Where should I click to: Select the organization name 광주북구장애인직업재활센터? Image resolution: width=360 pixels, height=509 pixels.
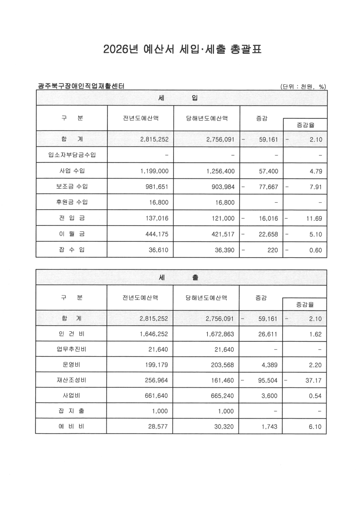point(81,86)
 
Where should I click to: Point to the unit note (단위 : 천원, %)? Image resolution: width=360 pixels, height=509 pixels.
point(303,87)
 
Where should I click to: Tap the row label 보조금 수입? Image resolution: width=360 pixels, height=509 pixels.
point(72,186)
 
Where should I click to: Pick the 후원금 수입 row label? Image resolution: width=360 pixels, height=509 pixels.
point(72,202)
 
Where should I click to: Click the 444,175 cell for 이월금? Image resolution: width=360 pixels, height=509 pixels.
point(151,234)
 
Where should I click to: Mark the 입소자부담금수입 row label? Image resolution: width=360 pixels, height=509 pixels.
point(72,155)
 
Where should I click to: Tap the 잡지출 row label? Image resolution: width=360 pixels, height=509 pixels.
point(72,411)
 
